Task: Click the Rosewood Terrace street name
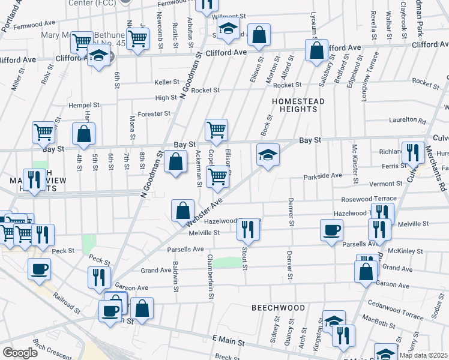(369, 199)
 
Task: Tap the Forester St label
(154, 113)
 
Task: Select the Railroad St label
(66, 303)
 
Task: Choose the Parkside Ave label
(322, 176)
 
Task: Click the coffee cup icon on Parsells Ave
(331, 230)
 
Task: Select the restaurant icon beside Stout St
(247, 229)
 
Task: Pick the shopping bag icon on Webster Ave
(182, 211)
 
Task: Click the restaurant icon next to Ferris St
(412, 153)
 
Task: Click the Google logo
(20, 353)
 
